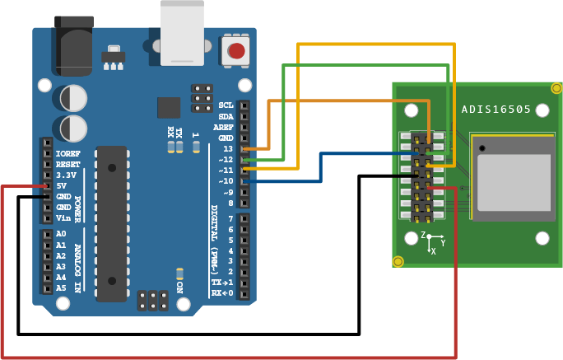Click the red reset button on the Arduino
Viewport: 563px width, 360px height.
(x=236, y=51)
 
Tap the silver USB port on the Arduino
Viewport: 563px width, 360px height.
(x=182, y=33)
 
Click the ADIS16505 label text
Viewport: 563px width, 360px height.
(x=496, y=109)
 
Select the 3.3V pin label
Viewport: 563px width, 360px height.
(x=66, y=175)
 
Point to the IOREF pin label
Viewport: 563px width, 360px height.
(x=67, y=153)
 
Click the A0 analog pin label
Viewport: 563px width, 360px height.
(x=61, y=234)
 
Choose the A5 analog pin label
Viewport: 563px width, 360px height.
(x=61, y=288)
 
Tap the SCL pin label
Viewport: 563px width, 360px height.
(x=226, y=105)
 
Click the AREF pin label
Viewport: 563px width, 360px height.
(x=223, y=127)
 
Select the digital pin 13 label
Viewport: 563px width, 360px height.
(x=227, y=148)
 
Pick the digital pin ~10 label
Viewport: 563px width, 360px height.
(x=226, y=180)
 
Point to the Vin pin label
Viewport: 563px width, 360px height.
(x=63, y=217)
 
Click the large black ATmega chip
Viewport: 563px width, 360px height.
(x=111, y=222)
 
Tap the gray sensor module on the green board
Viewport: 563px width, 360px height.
(x=514, y=179)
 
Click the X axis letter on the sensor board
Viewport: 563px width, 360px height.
(x=434, y=251)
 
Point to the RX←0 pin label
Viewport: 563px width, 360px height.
(x=222, y=292)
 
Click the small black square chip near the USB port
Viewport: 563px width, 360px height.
(x=169, y=107)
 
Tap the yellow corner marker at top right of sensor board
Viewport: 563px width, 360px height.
(x=556, y=88)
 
